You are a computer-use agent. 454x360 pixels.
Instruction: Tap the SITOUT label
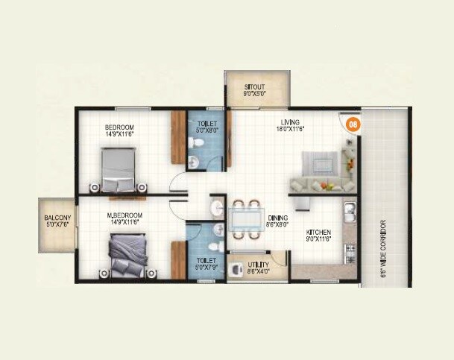click(255, 88)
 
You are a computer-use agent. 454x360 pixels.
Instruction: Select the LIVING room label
click(289, 122)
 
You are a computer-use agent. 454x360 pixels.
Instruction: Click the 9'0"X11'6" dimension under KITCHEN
click(317, 241)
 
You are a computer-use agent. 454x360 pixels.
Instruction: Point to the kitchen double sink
click(349, 217)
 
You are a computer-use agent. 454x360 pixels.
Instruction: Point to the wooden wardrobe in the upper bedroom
click(178, 137)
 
